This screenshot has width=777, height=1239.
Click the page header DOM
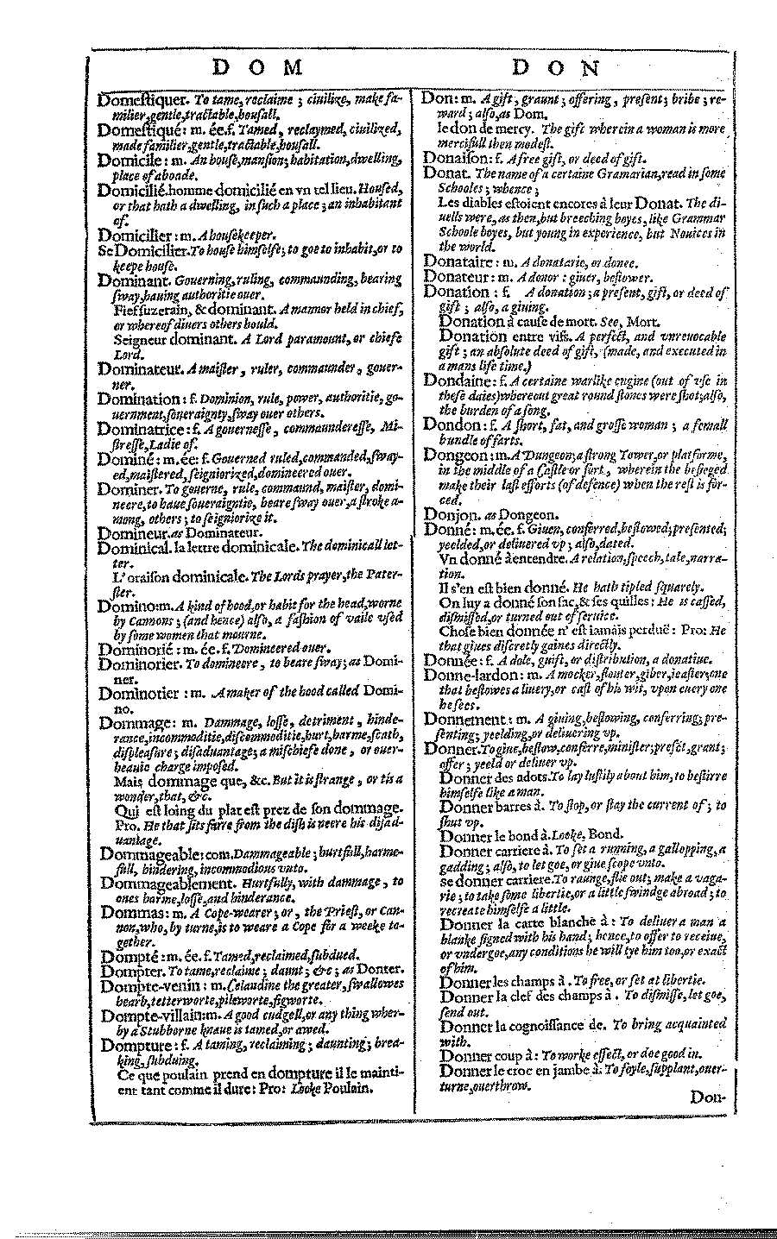pos(256,67)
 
